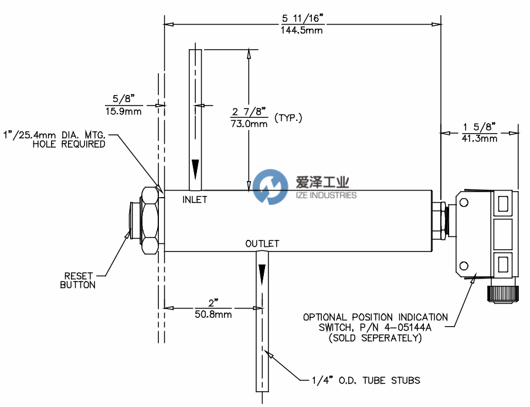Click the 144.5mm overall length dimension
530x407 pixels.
point(301,30)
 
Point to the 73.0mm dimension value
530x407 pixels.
point(250,124)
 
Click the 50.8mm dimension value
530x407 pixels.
point(213,314)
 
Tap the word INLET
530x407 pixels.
point(195,199)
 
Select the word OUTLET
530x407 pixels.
point(262,243)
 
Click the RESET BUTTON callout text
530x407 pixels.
point(77,280)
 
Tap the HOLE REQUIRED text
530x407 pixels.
point(69,144)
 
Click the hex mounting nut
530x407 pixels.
point(150,220)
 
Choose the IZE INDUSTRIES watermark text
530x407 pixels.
point(325,195)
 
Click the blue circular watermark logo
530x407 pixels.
point(271,187)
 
